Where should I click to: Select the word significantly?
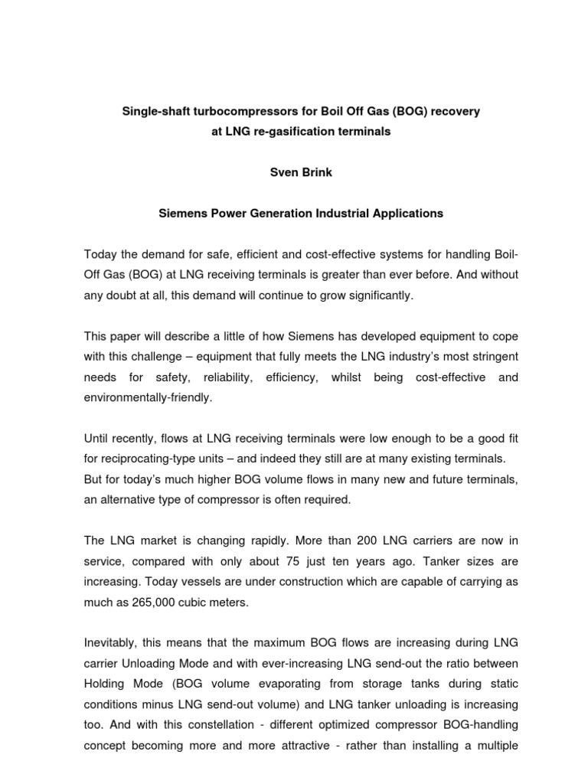(371, 296)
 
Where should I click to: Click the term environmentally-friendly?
(147, 399)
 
